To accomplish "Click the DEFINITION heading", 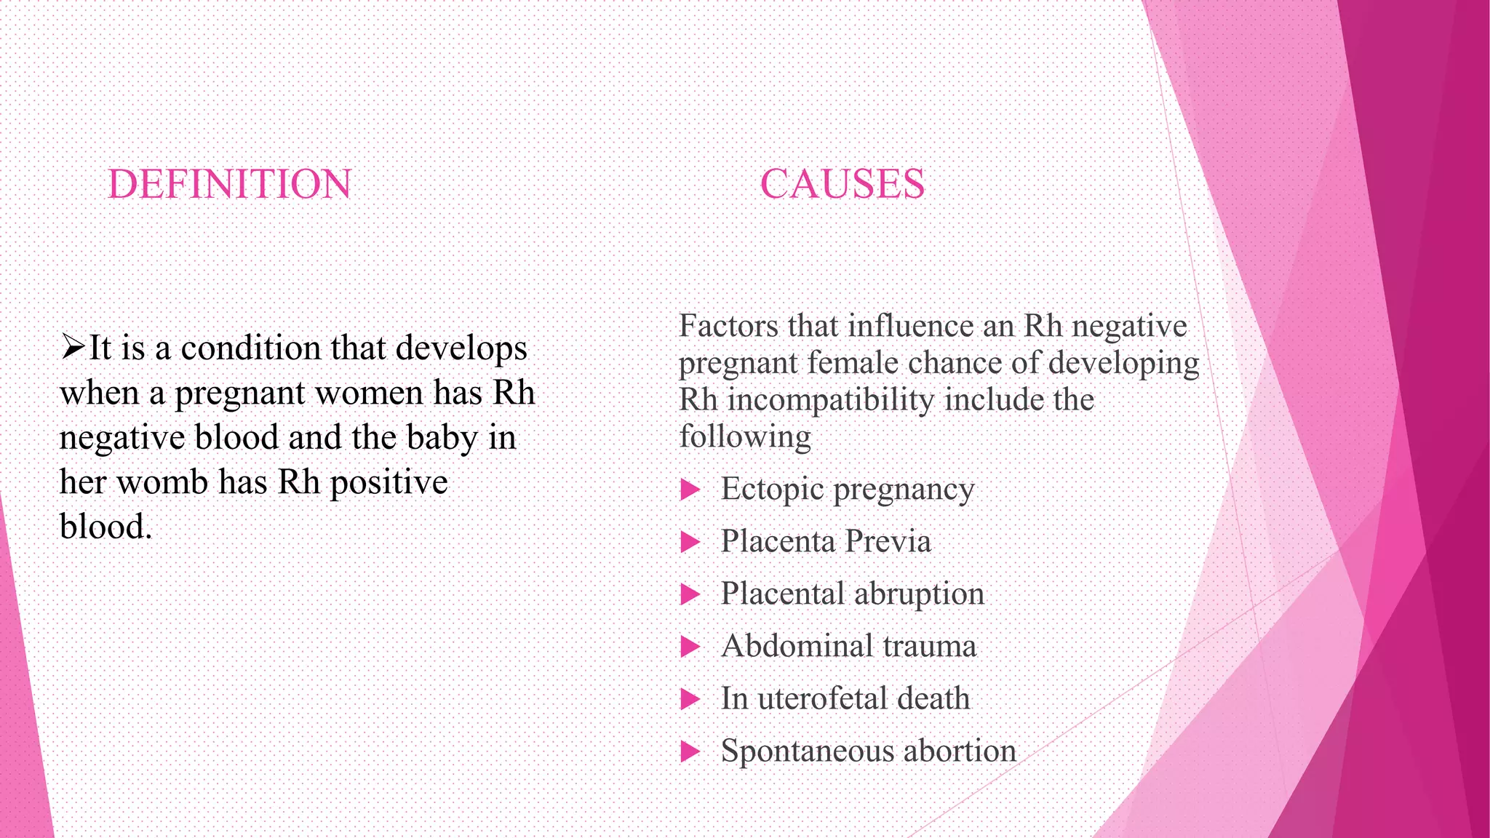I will point(230,184).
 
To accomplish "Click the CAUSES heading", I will point(842,184).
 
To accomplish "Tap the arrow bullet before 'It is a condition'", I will point(73,347).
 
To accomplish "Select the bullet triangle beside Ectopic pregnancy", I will point(689,490).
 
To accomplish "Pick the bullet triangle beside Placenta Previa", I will point(689,542).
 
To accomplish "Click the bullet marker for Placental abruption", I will point(689,594).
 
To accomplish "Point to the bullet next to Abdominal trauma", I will point(689,647).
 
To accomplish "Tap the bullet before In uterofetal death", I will point(689,699).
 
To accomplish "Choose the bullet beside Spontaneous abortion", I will point(689,751).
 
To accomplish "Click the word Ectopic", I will point(772,490).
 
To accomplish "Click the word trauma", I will point(929,647).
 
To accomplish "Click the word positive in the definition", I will point(389,483).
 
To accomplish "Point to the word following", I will point(745,437).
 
